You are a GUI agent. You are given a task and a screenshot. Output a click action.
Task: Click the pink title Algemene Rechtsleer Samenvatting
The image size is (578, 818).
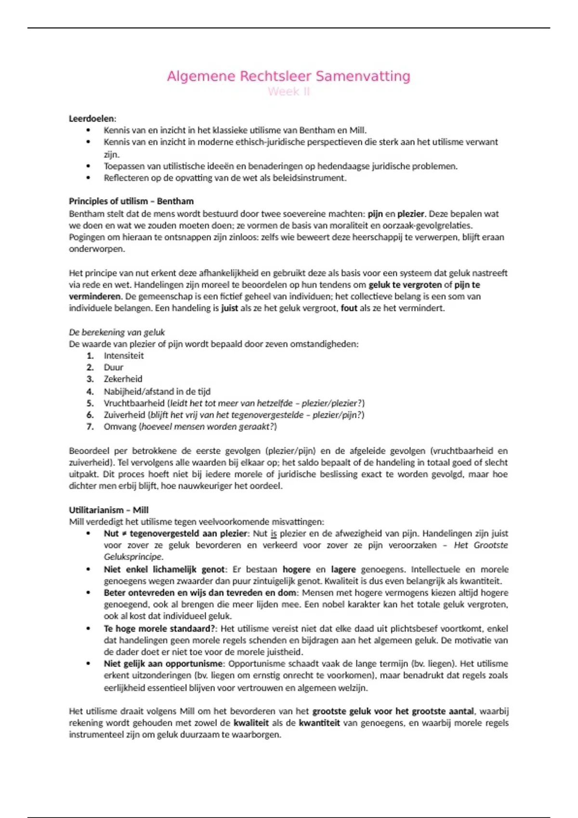tap(289, 76)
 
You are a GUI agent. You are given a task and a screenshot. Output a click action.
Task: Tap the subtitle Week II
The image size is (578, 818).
tap(289, 91)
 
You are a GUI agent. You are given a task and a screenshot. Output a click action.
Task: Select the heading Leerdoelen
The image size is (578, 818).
tap(92, 118)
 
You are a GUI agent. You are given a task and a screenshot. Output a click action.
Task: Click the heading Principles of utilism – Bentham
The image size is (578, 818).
tap(131, 201)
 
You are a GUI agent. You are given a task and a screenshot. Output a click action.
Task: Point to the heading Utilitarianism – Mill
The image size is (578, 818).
tap(108, 510)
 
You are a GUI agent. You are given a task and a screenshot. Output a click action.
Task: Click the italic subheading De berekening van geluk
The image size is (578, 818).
tap(117, 332)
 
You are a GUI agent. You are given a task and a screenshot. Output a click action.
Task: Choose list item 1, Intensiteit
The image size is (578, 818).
tap(124, 356)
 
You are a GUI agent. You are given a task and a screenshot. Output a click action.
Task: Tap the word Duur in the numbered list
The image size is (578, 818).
tap(114, 367)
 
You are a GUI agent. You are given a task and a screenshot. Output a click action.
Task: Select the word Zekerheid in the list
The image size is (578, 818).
tap(123, 379)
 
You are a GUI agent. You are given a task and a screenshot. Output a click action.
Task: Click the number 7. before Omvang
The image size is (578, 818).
tap(90, 426)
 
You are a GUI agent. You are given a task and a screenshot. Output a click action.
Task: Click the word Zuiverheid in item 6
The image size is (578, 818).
tap(124, 415)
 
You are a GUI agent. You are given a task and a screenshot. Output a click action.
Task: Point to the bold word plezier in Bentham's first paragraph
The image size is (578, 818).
tap(410, 214)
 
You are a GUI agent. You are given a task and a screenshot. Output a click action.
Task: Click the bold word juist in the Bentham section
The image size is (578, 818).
tap(229, 308)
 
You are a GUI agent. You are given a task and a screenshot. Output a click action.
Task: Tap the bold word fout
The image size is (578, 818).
tap(349, 308)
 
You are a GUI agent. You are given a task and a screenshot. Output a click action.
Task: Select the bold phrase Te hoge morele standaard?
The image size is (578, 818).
tap(160, 628)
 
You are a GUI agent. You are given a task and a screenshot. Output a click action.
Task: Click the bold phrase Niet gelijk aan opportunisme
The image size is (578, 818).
tap(164, 664)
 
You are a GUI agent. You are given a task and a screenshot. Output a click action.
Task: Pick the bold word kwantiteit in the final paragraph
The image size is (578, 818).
tap(319, 723)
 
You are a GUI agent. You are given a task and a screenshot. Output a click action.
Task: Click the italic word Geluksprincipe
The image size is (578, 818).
tap(133, 557)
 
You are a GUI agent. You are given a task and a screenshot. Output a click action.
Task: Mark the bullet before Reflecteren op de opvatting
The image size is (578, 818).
tap(88, 178)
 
